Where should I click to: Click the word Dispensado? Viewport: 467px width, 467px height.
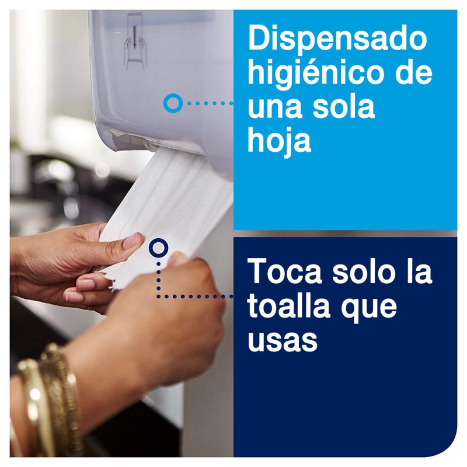pyautogui.click(x=337, y=39)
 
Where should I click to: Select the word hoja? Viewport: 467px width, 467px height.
pyautogui.click(x=279, y=141)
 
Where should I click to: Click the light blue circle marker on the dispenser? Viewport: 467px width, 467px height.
pyautogui.click(x=173, y=103)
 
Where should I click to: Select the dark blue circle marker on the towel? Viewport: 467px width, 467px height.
pyautogui.click(x=158, y=248)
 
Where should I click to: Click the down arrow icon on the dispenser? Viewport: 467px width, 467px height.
pyautogui.click(x=135, y=37)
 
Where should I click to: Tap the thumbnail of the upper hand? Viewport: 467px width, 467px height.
pyautogui.click(x=133, y=241)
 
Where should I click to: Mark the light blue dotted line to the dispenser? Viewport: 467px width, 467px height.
pyautogui.click(x=210, y=103)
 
